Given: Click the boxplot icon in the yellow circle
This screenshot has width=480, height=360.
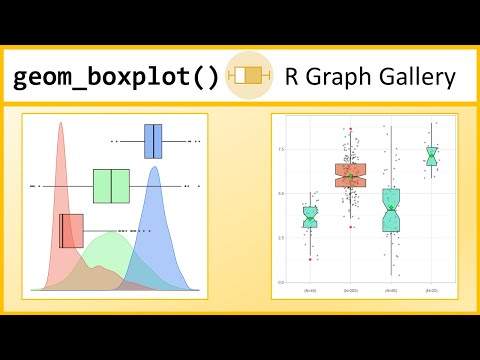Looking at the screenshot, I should pos(246,75).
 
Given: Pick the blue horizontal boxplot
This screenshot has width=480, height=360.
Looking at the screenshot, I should pos(153,141).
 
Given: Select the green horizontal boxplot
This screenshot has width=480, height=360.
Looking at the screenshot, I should pos(111,186).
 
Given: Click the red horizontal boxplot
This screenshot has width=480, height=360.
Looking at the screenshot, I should pos(71,230).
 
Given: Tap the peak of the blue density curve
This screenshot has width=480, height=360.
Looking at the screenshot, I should pos(154,169).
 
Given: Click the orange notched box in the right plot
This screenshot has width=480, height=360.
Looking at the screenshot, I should pos(350,175).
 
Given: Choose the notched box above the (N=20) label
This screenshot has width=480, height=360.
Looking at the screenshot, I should pos(431,156).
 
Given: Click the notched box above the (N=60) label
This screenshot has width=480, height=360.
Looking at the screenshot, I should pos(391,210).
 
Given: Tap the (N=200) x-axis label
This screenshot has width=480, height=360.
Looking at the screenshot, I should pos(350,290).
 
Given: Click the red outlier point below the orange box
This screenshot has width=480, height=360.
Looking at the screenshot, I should pos(350,227).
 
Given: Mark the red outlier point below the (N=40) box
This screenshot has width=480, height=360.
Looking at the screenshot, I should pos(310,259).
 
